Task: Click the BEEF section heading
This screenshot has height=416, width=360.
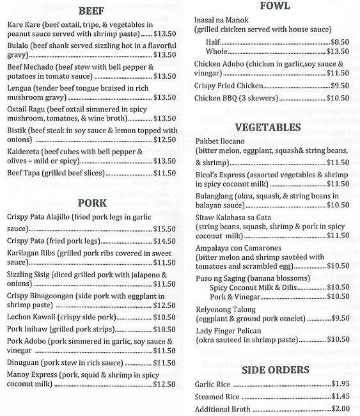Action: pyautogui.click(x=93, y=11)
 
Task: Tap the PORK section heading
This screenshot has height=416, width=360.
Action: pyautogui.click(x=93, y=203)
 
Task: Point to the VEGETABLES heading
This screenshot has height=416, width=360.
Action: pyautogui.click(x=276, y=127)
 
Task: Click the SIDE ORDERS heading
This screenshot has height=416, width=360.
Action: pyautogui.click(x=276, y=369)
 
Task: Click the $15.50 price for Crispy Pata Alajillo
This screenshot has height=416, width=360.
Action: pyautogui.click(x=164, y=228)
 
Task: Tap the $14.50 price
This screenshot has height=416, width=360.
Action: pyautogui.click(x=164, y=241)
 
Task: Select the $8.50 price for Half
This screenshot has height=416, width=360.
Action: pyautogui.click(x=340, y=42)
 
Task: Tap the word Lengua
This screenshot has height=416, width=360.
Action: pyautogui.click(x=22, y=88)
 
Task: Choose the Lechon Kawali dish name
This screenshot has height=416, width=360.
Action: pyautogui.click(x=38, y=317)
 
